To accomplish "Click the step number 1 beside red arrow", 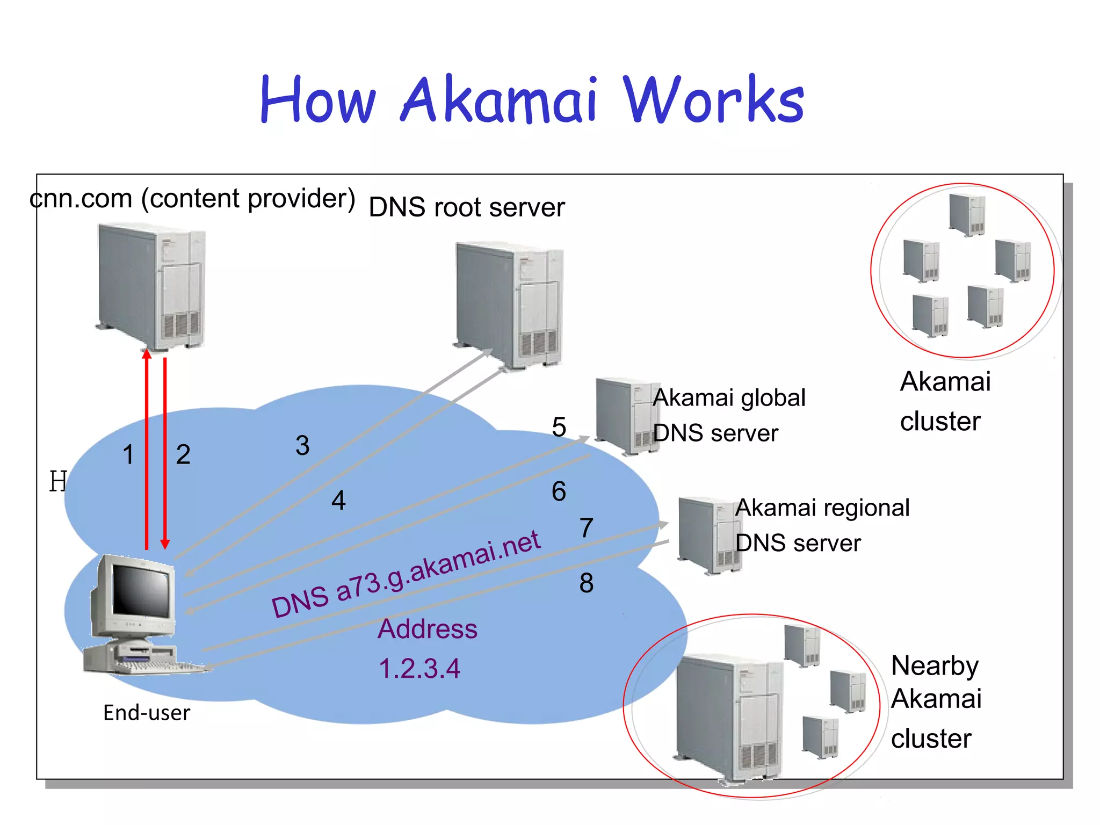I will click(128, 455).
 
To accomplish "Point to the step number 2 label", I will click(183, 455).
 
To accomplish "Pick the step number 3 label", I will click(302, 446).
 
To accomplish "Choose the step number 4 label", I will click(338, 501).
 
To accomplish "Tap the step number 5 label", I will click(559, 428).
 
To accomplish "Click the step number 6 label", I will click(559, 491).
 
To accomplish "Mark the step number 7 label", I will click(587, 528).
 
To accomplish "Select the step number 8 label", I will click(587, 583).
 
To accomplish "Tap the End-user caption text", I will click(147, 713).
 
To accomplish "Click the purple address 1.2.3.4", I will click(419, 669).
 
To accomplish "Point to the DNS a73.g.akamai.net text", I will click(406, 574).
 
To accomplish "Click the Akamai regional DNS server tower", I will click(706, 535).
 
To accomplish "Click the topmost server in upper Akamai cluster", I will click(967, 214).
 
